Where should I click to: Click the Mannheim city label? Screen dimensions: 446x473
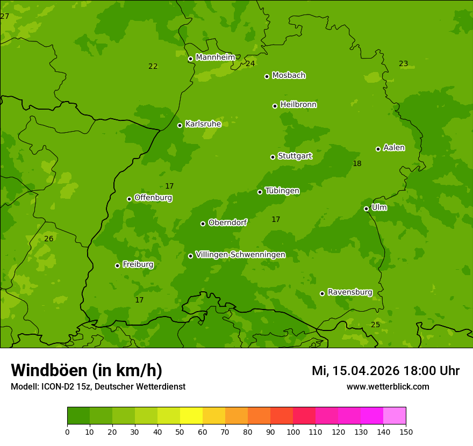pyautogui.click(x=215, y=57)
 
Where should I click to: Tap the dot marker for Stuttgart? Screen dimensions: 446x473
pyautogui.click(x=273, y=157)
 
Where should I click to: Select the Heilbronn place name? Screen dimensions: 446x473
pyautogui.click(x=298, y=105)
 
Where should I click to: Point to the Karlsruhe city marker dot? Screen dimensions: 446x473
pyautogui.click(x=180, y=125)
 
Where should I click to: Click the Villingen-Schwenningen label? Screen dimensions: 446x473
pyautogui.click(x=240, y=255)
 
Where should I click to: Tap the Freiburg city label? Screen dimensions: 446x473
pyautogui.click(x=138, y=264)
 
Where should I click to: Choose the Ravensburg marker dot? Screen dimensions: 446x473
pyautogui.click(x=322, y=293)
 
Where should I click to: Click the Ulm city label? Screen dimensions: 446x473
pyautogui.click(x=379, y=207)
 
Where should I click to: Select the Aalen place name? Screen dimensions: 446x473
pyautogui.click(x=394, y=148)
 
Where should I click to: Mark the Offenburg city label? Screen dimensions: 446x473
pyautogui.click(x=153, y=198)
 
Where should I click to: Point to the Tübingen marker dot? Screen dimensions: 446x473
pyautogui.click(x=260, y=192)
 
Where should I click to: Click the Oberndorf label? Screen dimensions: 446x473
pyautogui.click(x=227, y=222)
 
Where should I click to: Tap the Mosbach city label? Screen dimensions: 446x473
pyautogui.click(x=289, y=76)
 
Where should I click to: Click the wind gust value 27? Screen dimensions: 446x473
pyautogui.click(x=5, y=17)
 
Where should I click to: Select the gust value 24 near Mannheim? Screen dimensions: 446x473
pyautogui.click(x=250, y=63)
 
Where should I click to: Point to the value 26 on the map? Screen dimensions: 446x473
pyautogui.click(x=49, y=239)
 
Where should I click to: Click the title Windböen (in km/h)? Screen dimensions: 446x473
pyautogui.click(x=87, y=370)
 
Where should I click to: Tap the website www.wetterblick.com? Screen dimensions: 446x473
pyautogui.click(x=388, y=386)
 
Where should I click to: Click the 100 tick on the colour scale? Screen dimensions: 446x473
pyautogui.click(x=293, y=431)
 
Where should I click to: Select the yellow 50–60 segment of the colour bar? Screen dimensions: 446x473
pyautogui.click(x=191, y=416)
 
